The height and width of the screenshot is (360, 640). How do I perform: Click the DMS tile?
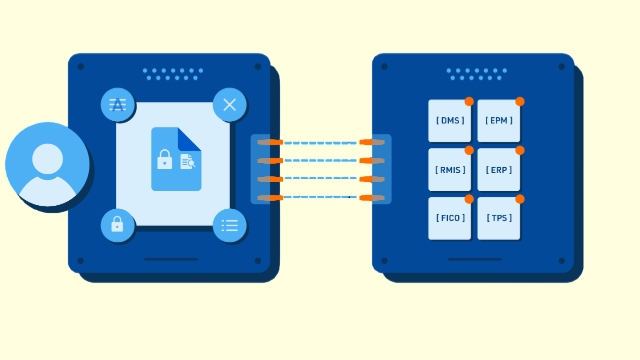(449, 121)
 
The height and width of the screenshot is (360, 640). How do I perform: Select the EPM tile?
(498, 121)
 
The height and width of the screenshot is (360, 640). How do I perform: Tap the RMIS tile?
(449, 170)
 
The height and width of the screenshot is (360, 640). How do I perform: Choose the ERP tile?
(498, 170)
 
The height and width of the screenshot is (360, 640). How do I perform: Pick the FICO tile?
(449, 218)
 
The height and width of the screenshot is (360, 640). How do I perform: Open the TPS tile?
(498, 218)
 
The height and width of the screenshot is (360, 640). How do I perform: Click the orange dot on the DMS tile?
(469, 101)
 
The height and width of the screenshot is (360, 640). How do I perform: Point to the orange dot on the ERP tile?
(519, 150)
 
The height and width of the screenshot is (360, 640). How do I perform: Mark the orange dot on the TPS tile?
(519, 199)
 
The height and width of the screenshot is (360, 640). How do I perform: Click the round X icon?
(229, 105)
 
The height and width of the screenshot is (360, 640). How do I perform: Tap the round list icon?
(229, 225)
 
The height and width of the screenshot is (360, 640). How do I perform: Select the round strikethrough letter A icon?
(118, 105)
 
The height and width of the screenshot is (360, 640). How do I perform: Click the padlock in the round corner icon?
(117, 225)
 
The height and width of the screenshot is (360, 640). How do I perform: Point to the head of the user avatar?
(47, 158)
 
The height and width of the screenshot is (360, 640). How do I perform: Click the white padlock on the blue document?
(165, 159)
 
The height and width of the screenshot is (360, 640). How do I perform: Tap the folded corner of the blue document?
(190, 138)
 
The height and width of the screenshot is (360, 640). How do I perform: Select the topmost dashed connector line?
(320, 142)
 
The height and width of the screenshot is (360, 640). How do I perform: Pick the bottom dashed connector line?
(320, 197)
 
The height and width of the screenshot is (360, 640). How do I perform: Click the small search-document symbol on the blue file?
(187, 161)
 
